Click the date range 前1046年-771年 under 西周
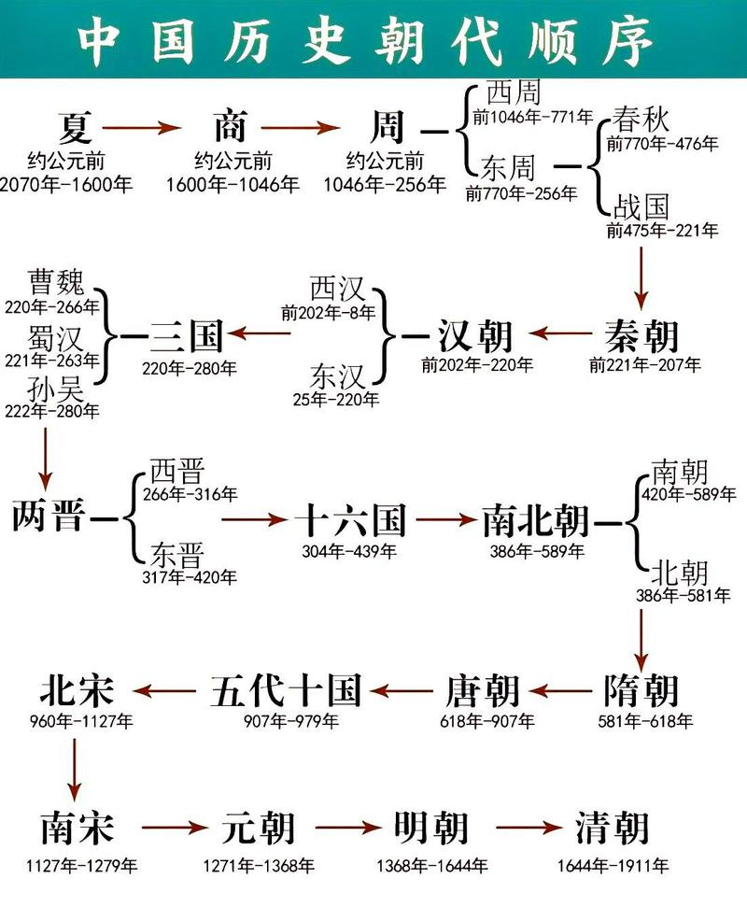[x=532, y=118]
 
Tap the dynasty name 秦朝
[x=641, y=334]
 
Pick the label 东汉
[x=338, y=377]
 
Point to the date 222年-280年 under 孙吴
[x=53, y=411]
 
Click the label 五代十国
[x=286, y=692]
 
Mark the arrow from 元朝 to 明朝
[x=345, y=828]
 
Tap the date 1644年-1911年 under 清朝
[x=613, y=867]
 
